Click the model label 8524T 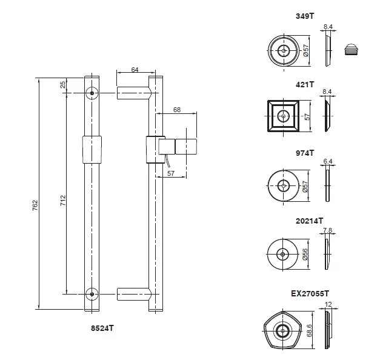[101, 328]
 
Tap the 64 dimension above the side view [135, 70]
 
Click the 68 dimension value [177, 110]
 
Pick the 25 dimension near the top [63, 84]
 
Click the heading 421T [305, 84]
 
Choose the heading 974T [305, 153]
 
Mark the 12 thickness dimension [328, 305]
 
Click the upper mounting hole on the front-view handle [92, 94]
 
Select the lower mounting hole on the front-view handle [92, 295]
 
